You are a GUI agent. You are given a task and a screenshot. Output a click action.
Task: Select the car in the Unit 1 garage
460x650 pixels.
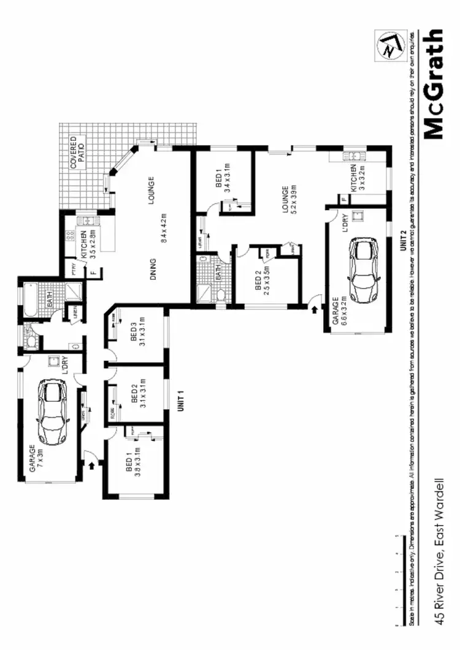[52, 411]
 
